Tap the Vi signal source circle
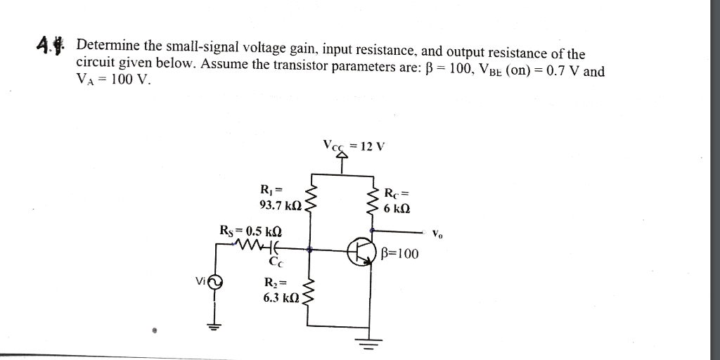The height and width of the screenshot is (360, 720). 215,282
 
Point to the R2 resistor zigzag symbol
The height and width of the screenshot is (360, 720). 307,296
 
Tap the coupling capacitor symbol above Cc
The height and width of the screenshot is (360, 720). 276,247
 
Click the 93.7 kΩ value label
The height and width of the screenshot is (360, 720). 281,206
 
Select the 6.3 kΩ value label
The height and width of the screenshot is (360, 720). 282,297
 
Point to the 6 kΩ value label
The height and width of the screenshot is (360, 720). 397,209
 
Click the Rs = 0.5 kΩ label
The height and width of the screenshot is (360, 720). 251,230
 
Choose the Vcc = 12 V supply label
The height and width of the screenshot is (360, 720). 354,146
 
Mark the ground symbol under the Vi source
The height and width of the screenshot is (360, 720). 214,325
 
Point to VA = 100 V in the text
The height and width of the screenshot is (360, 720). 113,79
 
